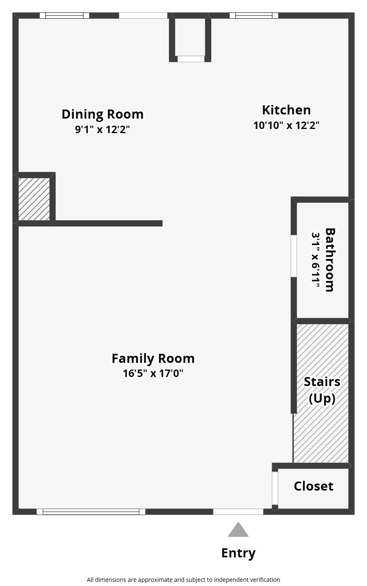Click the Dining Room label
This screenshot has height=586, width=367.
click(102, 114)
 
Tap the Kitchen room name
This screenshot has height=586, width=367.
click(286, 110)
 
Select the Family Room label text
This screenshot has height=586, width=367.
click(153, 358)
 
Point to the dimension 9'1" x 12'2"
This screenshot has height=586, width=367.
click(102, 129)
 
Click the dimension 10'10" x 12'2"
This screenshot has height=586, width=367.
click(286, 125)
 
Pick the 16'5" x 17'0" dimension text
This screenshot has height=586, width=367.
click(153, 373)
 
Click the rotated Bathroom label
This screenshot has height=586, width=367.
click(330, 260)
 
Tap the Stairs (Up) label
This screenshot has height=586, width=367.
click(322, 390)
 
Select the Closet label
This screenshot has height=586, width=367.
click(313, 486)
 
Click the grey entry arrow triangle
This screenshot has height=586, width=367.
click(238, 530)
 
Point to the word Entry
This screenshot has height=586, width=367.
click(238, 553)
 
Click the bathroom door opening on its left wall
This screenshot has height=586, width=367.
click(294, 256)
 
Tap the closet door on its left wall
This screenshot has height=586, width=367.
click(275, 488)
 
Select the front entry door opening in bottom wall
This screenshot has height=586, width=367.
click(238, 512)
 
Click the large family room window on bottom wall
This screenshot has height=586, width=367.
click(91, 512)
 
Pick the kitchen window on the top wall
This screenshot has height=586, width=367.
click(254, 16)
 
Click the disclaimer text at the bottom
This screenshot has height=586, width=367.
click(183, 580)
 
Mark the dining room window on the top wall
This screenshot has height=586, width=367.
click(65, 16)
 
